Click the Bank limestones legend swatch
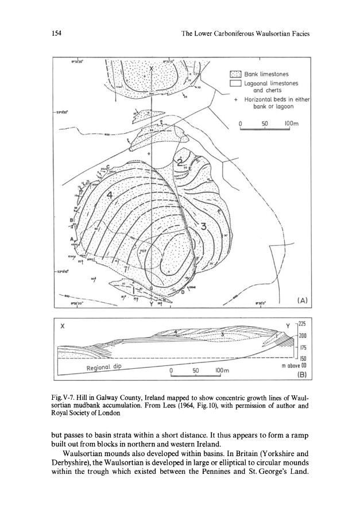tap(234, 74)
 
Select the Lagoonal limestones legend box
tap(234, 84)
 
